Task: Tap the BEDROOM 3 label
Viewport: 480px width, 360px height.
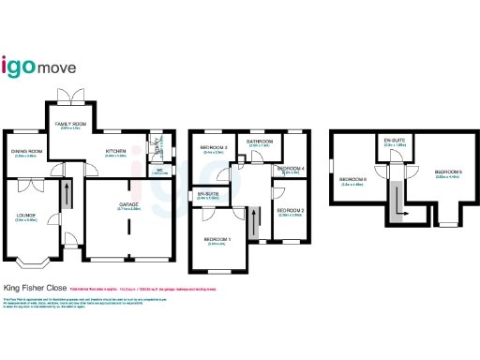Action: click(213, 148)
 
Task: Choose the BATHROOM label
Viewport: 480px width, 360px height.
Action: click(259, 142)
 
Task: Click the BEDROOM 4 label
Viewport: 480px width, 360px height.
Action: click(289, 169)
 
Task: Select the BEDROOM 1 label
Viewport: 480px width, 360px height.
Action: click(219, 240)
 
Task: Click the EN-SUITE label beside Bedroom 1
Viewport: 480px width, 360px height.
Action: click(207, 195)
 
